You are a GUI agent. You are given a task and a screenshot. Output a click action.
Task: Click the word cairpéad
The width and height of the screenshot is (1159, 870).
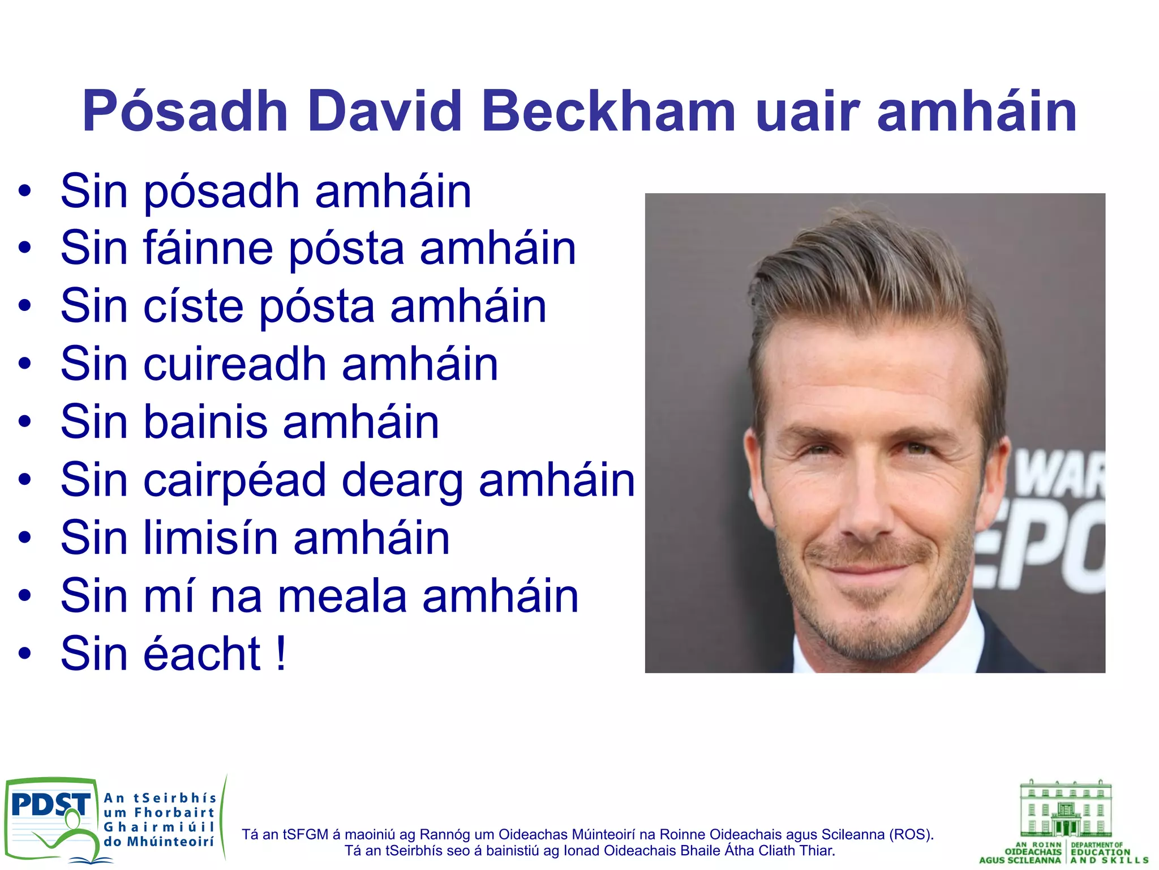[235, 480]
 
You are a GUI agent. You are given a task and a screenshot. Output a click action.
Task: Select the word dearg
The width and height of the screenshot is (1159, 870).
[402, 480]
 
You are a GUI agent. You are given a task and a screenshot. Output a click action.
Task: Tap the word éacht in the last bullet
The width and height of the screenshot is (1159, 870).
[203, 654]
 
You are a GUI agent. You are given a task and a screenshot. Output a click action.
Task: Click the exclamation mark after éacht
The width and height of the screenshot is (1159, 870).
[281, 654]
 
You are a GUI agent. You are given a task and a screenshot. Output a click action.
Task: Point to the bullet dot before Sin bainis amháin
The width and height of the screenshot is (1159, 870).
[24, 421]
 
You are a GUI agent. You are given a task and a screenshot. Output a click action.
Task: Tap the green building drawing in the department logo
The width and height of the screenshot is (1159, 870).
[1065, 810]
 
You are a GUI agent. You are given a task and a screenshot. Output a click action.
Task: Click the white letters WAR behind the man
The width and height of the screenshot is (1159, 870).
[1058, 476]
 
